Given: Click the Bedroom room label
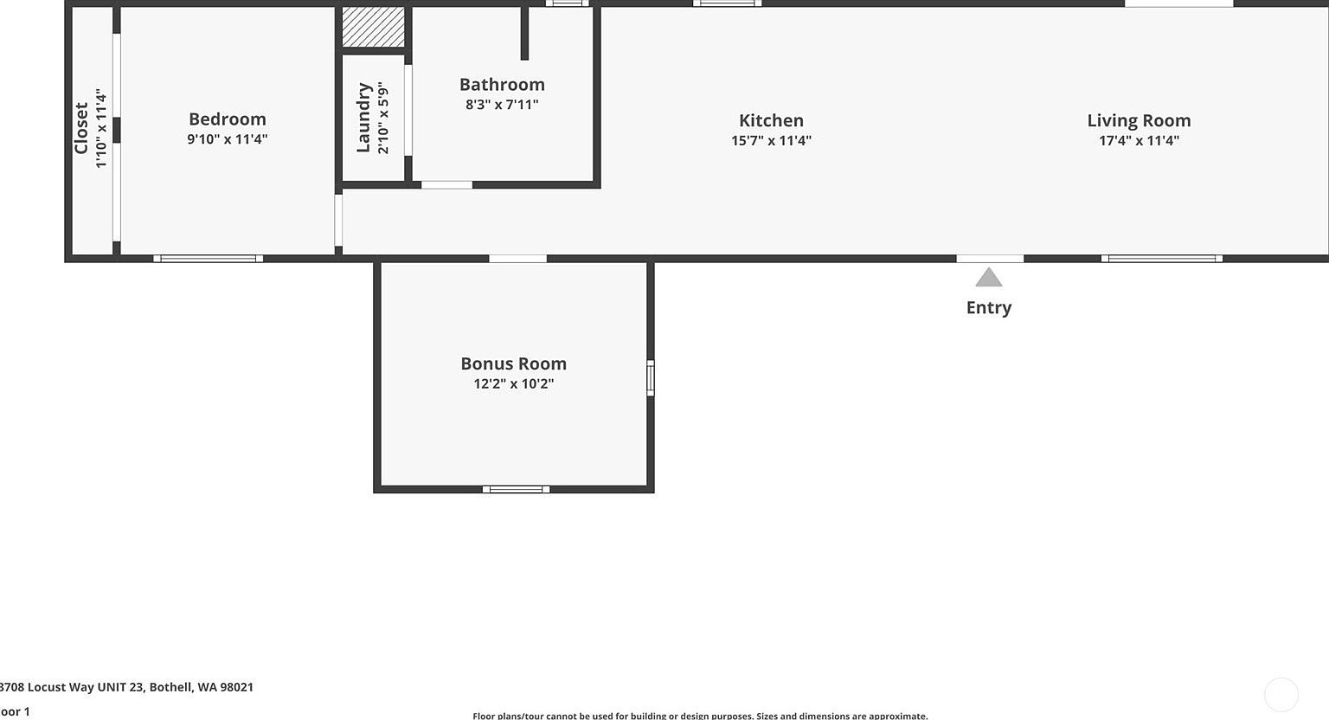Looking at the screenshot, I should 228,119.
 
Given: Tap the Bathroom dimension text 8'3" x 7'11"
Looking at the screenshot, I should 502,105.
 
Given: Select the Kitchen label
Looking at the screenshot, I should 771,120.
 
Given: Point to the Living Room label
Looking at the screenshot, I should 1139,120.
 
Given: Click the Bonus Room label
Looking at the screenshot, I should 513,363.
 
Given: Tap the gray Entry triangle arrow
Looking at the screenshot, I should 989,278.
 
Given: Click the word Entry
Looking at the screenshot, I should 989,307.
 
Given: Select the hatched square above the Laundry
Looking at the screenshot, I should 373,27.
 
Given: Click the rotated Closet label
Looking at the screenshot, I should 81,128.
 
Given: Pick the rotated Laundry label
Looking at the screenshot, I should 363,118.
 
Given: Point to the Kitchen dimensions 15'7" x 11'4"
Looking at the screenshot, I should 771,140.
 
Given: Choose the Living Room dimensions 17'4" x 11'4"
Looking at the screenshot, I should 1139,140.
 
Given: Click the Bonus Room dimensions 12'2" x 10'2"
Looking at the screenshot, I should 513,383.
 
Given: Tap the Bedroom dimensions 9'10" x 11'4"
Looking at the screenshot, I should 228,138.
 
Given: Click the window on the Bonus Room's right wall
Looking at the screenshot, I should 651,378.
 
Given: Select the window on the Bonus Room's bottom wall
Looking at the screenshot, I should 516,490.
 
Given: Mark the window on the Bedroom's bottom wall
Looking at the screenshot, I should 209,258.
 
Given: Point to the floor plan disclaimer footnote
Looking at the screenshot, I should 700,716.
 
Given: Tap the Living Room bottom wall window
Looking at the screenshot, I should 1161,258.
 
